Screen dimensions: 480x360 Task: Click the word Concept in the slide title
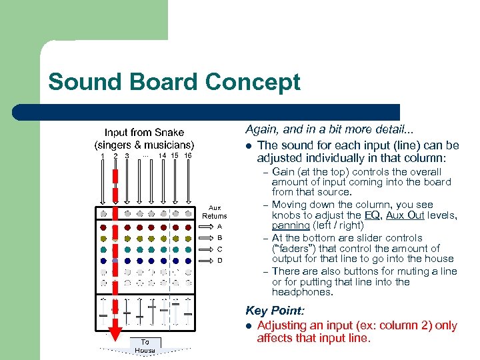pos(253,82)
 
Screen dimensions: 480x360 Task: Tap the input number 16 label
pos(187,156)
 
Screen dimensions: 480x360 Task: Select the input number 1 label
pos(103,156)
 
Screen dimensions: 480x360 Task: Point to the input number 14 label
pos(162,156)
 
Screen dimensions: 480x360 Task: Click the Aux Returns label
pos(215,212)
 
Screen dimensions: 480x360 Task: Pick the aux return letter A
pos(220,226)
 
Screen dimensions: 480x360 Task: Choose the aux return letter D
pos(220,260)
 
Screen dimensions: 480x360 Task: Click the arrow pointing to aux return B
pos(207,237)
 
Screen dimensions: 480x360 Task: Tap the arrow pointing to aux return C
pos(207,249)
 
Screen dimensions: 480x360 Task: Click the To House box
pos(145,345)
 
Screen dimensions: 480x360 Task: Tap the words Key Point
pos(274,311)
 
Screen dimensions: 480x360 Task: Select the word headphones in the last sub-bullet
pos(302,292)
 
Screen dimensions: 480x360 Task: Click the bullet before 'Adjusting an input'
pos(248,326)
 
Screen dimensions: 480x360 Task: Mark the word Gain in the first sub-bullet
pos(284,172)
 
